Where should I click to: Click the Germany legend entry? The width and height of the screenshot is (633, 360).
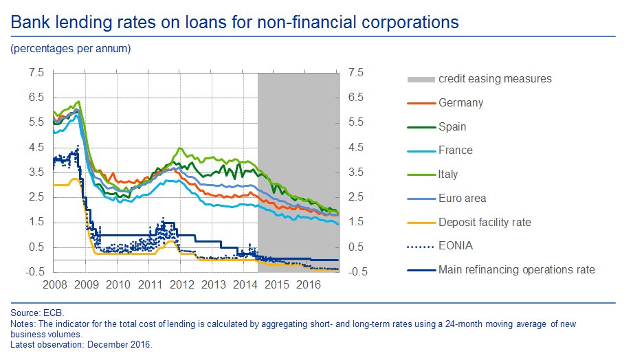pos(460,103)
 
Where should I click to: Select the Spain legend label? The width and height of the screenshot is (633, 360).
pos(452,126)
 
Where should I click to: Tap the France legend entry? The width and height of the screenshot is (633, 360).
pos(455,150)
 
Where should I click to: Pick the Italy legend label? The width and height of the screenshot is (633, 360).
pos(448,175)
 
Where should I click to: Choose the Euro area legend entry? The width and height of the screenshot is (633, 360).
pos(462,199)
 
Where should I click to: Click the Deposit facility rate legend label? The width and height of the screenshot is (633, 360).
pos(485,222)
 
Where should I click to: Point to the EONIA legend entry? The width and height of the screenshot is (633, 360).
pos(456,246)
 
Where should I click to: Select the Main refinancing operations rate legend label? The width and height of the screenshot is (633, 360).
pos(516,269)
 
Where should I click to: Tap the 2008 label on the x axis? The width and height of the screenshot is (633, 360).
pos(54,284)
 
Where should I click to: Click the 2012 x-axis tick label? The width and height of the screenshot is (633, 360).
pos(182,284)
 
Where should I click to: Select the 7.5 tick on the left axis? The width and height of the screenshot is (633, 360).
pos(36,73)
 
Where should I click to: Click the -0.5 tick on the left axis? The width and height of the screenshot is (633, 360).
pos(35,272)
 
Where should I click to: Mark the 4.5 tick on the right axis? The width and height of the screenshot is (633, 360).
pos(357,148)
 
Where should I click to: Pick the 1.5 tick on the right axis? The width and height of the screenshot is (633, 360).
pos(357,223)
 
